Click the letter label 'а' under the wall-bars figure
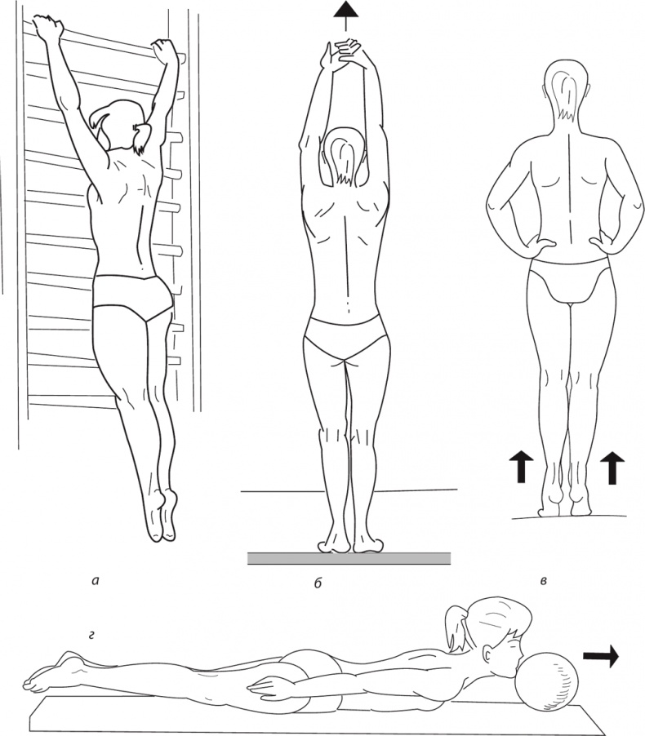tap(96, 582)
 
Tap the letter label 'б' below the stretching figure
tap(318, 583)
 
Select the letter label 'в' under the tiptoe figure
tap(543, 582)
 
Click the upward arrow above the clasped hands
tap(346, 16)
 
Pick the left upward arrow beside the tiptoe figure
tap(521, 467)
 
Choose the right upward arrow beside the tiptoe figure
tap(612, 468)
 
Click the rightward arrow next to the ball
tap(601, 656)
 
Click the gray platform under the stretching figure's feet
tap(349, 558)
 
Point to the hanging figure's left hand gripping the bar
tap(48, 27)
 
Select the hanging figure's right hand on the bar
tap(164, 52)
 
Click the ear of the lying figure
tap(489, 654)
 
